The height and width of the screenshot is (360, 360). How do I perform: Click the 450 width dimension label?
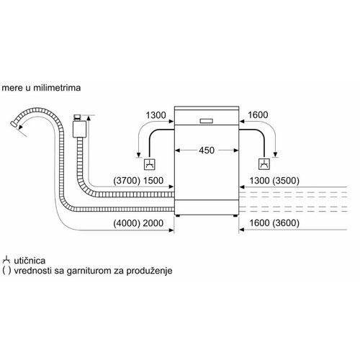coord(207,150)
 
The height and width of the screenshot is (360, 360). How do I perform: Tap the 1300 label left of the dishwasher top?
coord(156,115)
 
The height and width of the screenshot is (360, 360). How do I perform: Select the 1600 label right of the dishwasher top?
coord(258,115)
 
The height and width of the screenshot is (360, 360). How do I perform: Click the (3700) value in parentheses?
coord(127,181)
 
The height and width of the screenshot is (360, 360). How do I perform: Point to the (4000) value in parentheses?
coord(127,223)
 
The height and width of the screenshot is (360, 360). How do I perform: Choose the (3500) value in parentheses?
coord(286,181)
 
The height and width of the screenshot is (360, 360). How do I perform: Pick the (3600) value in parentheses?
coord(286,223)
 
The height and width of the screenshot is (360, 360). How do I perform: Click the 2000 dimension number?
coord(153,223)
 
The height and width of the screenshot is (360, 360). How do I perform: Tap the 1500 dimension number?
coord(153,181)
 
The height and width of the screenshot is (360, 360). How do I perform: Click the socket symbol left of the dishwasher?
coord(150,164)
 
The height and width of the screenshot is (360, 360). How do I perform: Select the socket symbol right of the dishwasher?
coord(264,164)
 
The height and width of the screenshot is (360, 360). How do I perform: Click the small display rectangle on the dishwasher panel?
coord(207,121)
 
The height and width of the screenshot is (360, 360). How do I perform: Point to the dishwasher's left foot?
coord(177,216)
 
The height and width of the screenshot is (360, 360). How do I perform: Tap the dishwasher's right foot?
coord(235,216)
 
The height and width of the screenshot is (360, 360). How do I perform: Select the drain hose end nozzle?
coord(13,125)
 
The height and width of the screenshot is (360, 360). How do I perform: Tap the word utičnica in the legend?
coord(30,261)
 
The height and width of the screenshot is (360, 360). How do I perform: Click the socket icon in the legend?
coord(6,260)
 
